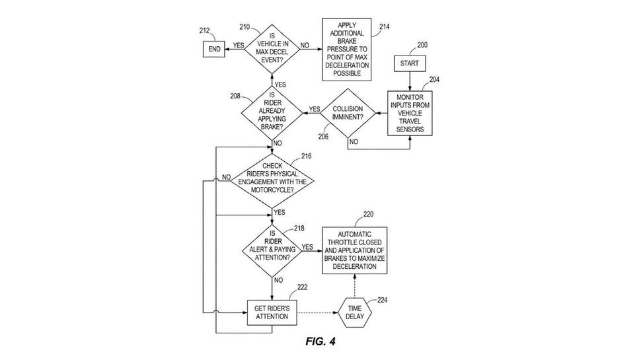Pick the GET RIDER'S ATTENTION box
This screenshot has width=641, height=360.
(x=272, y=312)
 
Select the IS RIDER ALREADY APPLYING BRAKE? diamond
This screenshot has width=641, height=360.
(x=272, y=113)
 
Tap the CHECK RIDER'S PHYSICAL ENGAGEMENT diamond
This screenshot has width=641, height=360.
(x=272, y=178)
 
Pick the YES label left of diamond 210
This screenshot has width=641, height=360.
(x=239, y=46)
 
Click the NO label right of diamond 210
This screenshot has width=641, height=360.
(x=305, y=46)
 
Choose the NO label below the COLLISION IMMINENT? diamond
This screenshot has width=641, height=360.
(x=354, y=141)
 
